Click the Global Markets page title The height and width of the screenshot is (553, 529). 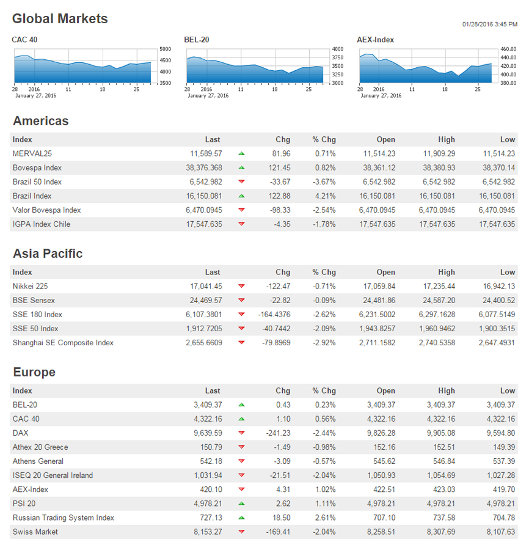(x=60, y=19)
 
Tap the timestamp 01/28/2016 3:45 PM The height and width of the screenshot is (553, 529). (x=490, y=24)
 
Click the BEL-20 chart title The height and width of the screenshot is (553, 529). (x=196, y=40)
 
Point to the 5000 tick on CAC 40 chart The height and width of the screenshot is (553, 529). (x=165, y=49)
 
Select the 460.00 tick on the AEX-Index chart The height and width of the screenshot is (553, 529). (x=508, y=49)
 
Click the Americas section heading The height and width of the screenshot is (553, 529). (x=40, y=121)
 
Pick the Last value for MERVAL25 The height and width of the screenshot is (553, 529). (x=206, y=154)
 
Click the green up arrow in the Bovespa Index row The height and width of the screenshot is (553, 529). (x=241, y=168)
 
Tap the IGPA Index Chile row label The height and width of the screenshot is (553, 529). (x=42, y=224)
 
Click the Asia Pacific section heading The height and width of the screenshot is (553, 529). (x=48, y=254)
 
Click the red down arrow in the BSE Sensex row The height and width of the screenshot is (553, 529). (x=241, y=301)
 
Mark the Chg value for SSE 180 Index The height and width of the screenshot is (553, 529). (x=274, y=315)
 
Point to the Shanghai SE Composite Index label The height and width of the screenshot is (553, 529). (x=63, y=343)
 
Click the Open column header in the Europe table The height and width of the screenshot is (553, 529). (x=385, y=391)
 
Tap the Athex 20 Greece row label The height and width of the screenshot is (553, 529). (x=40, y=447)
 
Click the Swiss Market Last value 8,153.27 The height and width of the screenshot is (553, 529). (x=208, y=532)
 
